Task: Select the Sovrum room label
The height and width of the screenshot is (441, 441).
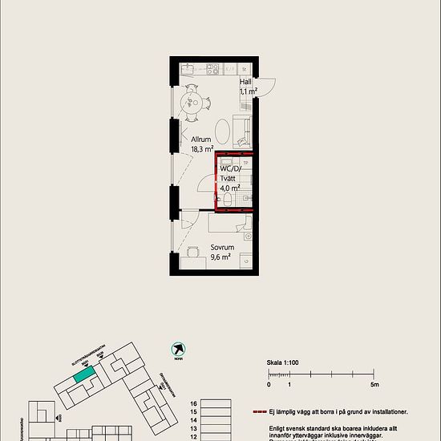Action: coord(221,248)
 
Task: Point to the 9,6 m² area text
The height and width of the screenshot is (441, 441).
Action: coord(221,257)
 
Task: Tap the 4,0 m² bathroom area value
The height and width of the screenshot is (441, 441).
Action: coord(230,188)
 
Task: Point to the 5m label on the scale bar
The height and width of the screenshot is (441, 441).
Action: coord(374,386)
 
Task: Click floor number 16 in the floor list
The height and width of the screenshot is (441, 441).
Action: coord(193,404)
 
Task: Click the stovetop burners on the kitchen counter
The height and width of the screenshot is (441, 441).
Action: coord(212,67)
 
